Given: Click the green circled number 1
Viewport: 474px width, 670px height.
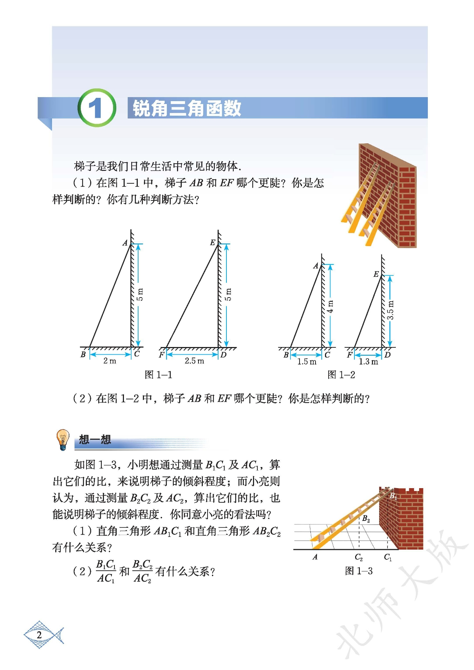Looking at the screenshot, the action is coord(97,108).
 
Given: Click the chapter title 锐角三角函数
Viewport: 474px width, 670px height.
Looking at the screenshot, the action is coord(187,108).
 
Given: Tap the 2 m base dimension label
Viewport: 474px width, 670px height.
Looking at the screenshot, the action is coord(110,361).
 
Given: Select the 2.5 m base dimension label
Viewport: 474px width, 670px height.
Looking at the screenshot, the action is coord(194,361).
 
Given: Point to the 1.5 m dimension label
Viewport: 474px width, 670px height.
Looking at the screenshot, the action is coord(307,362).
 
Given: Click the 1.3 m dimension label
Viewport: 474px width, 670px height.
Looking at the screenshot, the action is coord(368,362).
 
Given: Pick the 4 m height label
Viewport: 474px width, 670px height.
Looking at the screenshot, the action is coord(330,307).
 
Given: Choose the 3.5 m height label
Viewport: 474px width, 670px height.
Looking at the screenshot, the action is coord(390,310).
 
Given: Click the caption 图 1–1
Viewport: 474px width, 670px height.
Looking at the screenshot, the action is coord(158,375).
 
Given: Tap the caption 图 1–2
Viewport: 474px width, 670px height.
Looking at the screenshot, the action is coord(341,375).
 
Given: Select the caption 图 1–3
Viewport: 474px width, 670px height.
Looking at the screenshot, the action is coord(359,571).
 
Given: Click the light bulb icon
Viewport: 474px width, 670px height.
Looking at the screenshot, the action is coord(63,439).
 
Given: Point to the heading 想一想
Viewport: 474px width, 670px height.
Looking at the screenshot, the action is coord(95,440).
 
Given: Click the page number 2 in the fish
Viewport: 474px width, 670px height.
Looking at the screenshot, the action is coord(39,635).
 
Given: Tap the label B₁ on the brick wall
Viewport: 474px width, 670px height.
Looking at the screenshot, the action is coord(393,496).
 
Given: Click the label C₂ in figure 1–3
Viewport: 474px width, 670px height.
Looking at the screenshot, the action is coord(359,557).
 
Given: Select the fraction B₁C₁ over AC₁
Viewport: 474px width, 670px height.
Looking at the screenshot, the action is coord(106,571).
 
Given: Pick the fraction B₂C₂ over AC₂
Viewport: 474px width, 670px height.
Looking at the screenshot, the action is coord(142,571).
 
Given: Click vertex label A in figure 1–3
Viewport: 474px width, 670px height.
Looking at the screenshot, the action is coord(315,557).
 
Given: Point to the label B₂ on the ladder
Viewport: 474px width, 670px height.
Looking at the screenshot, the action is coord(366,519).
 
